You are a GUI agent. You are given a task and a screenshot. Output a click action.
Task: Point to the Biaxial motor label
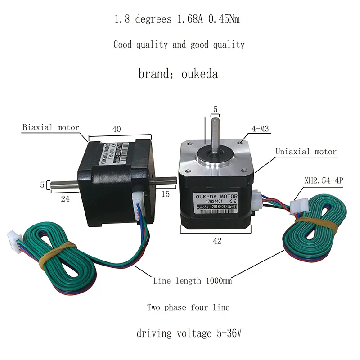click(51, 127)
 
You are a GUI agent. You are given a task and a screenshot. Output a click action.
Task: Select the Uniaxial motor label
click(306, 152)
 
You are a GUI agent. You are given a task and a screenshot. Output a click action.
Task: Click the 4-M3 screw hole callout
click(261, 129)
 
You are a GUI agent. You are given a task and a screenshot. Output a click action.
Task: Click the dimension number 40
click(117, 129)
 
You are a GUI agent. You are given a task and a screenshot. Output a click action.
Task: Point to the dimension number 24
click(65, 198)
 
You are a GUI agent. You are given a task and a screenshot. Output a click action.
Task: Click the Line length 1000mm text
click(193, 281)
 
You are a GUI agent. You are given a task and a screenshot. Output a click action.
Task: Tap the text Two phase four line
click(188, 308)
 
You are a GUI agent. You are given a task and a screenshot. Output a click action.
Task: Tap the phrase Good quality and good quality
click(179, 45)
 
